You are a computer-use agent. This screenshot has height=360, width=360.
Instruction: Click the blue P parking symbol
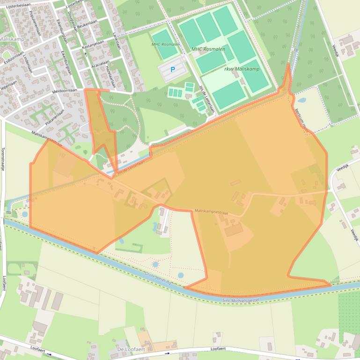pyautogui.click(x=172, y=70)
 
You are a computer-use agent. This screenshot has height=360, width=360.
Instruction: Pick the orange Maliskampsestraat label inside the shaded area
pyautogui.click(x=211, y=212)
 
